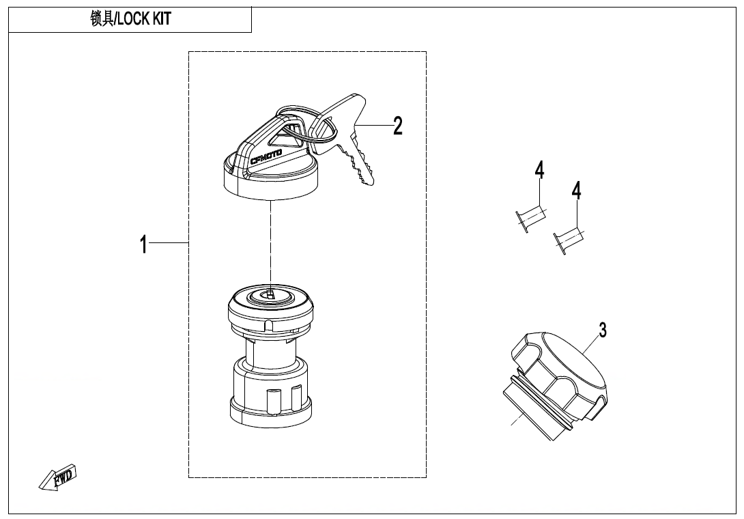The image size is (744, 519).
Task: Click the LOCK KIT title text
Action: (143, 19)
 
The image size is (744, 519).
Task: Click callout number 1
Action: (143, 244)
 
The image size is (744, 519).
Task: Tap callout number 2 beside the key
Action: (397, 126)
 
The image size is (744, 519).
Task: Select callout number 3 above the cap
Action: (603, 330)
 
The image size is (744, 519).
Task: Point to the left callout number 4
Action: (539, 170)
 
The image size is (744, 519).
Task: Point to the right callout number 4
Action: (577, 191)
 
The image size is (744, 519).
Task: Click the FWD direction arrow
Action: (59, 477)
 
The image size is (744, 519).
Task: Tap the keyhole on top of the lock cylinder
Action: (270, 294)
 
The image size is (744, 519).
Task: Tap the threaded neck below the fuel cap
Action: (526, 410)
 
